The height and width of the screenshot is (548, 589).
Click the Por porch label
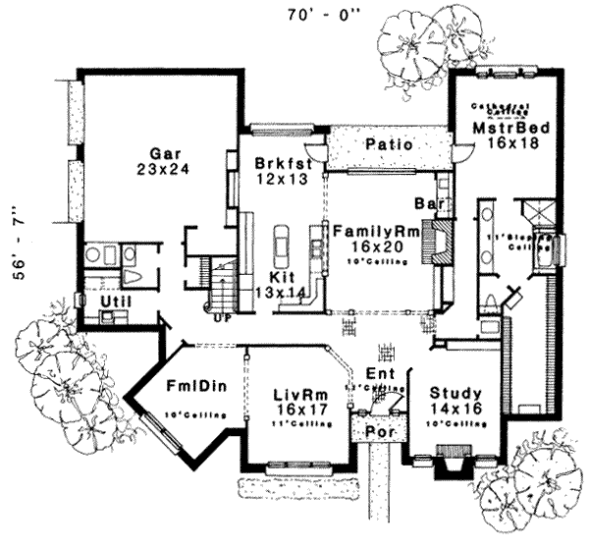(375, 430)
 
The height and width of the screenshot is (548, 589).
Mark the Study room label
(453, 393)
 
